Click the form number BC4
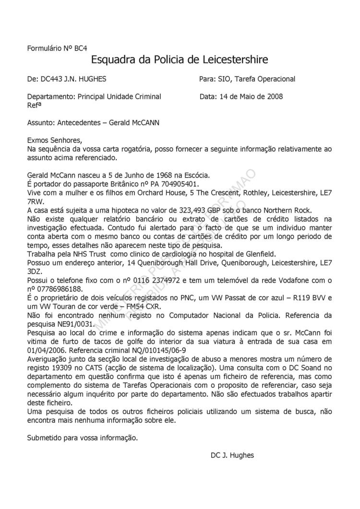coord(80,48)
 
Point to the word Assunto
coord(40,122)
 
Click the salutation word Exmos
coord(38,141)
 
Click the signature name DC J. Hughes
coord(232,455)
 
